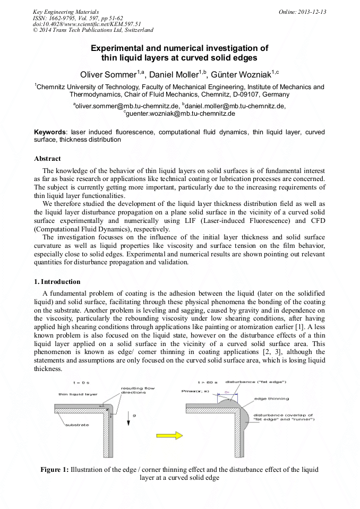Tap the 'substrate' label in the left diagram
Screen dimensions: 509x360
[76, 425]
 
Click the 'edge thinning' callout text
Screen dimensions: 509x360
[271, 399]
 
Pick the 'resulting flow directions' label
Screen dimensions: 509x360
[138, 390]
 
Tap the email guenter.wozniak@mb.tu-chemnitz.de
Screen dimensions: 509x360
[180, 113]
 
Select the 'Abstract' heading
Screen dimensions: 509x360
[47, 159]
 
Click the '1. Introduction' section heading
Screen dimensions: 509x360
[57, 282]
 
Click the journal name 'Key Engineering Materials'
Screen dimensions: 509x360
[64, 11]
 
